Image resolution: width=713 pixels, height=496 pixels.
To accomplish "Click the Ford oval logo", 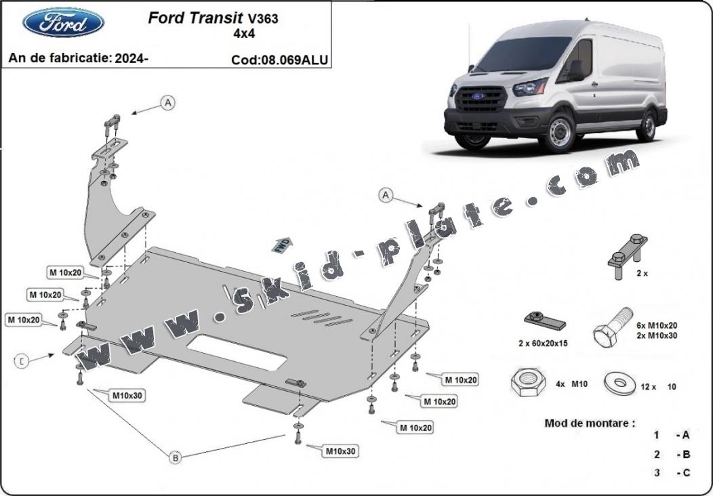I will tap(63, 23).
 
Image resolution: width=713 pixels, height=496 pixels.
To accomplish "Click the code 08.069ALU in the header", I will tap(279, 60).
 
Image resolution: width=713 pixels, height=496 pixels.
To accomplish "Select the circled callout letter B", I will tap(175, 458).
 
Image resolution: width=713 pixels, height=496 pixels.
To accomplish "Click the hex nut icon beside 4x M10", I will tap(527, 384).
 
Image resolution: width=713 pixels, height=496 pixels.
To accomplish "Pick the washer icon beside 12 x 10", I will tap(618, 384).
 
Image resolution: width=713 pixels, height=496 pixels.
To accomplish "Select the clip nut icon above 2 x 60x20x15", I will tap(543, 319).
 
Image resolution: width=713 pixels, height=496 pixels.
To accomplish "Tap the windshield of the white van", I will tap(524, 56).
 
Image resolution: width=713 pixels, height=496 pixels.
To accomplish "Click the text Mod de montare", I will tap(590, 423).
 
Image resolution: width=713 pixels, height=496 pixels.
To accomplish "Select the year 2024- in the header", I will tap(132, 58).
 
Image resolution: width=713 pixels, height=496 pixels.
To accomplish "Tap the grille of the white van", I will tap(480, 100).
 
